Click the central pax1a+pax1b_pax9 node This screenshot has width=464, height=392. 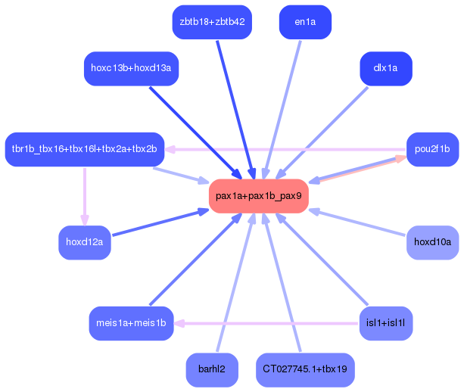click(258, 196)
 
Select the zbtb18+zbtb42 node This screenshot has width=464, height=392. click(212, 22)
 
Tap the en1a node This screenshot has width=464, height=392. click(305, 22)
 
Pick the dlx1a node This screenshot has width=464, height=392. click(386, 69)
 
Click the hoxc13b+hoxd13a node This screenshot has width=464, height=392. click(131, 69)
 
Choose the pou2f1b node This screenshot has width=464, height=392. click(432, 149)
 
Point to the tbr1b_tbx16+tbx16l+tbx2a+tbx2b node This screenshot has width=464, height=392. click(84, 149)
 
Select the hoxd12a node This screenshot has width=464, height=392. click(85, 242)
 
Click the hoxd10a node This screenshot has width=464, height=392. click(432, 242)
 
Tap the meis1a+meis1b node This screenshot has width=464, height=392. click(131, 323)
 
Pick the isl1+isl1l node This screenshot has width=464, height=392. click(385, 323)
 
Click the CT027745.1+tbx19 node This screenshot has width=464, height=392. click(305, 370)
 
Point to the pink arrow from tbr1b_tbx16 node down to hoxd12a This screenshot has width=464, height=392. click(84, 195)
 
